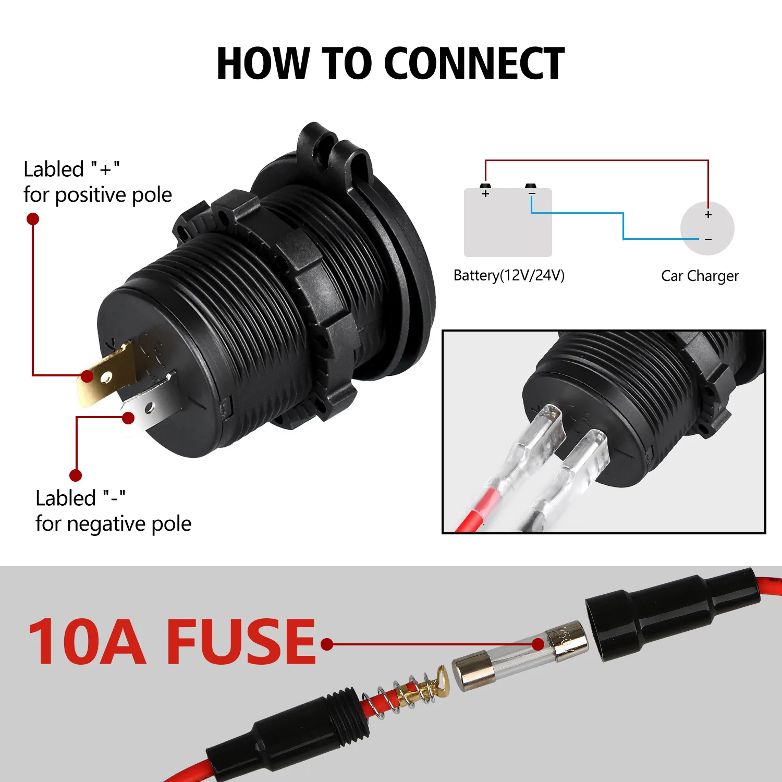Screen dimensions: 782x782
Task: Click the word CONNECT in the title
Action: coord(474,64)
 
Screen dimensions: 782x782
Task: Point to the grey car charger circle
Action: coord(707,228)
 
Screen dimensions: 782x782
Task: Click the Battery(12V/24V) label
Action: coord(509,275)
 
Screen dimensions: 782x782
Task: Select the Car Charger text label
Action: coord(700,276)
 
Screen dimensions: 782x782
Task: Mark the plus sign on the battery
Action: coord(486,194)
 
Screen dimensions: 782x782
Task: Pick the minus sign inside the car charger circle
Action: coord(708,239)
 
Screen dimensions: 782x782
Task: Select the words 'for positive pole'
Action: coord(97,195)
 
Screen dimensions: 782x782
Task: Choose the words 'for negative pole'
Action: coord(113,524)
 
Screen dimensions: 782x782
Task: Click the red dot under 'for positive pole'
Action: coord(33,219)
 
